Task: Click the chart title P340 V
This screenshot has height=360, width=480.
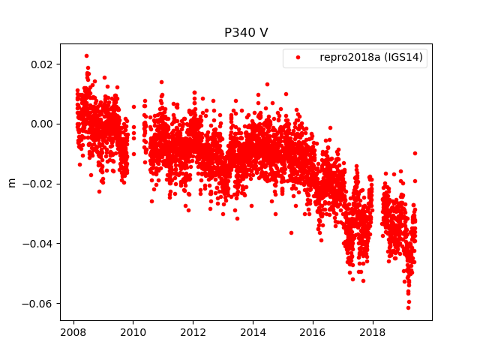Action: [x=245, y=33]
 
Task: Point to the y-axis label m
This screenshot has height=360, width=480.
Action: [x=10, y=182]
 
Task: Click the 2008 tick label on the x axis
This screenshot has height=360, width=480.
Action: [x=73, y=332]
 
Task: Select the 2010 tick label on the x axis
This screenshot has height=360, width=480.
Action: [x=133, y=332]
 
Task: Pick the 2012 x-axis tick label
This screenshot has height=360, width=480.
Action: [x=193, y=332]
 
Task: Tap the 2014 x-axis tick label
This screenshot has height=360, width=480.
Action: [x=253, y=332]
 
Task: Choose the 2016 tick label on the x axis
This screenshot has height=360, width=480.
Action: [x=313, y=332]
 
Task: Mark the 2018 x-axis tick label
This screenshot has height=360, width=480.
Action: [x=373, y=332]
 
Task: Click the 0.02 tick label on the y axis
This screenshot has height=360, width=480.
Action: [x=41, y=64]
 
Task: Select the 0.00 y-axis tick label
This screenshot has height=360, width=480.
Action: [x=41, y=124]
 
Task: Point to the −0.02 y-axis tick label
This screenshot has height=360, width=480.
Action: [x=38, y=184]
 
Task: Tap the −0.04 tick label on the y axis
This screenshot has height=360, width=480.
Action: [x=38, y=244]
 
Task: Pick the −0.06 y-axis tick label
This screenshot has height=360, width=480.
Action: [x=38, y=304]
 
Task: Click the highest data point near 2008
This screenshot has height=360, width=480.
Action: [x=86, y=55]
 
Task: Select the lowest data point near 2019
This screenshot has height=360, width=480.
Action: [x=408, y=307]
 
